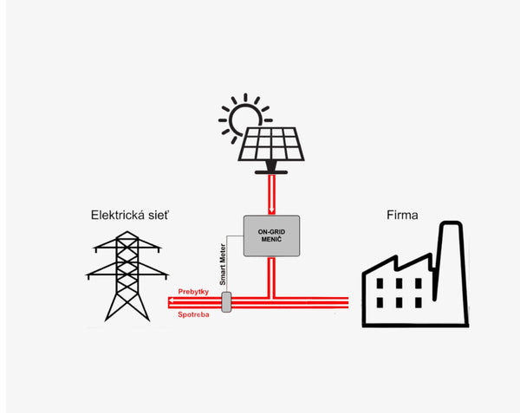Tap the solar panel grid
270,144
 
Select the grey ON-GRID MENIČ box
271,236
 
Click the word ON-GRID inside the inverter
271,231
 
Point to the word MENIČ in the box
271,241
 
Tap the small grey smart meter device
227,302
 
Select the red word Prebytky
193,292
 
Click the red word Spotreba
193,314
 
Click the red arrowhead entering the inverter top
271,210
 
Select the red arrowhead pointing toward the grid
172,302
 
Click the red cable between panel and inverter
271,190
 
